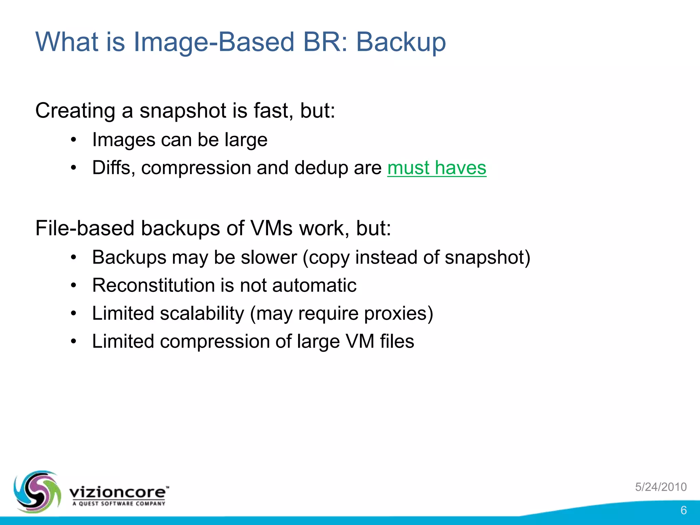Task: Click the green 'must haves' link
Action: tap(436, 168)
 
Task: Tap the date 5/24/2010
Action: tap(661, 487)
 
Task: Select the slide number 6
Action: tap(684, 510)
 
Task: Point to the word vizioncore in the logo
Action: tap(118, 492)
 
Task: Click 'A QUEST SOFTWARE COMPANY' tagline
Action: tap(119, 503)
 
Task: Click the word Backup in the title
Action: tap(401, 42)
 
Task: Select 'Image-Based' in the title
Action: tap(214, 42)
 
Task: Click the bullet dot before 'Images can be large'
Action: tap(73, 140)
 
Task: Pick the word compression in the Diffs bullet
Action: tap(196, 168)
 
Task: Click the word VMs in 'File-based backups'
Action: tap(271, 228)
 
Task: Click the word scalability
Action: tap(202, 313)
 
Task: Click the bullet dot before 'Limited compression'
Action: tap(73, 342)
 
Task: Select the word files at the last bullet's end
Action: tap(397, 341)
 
